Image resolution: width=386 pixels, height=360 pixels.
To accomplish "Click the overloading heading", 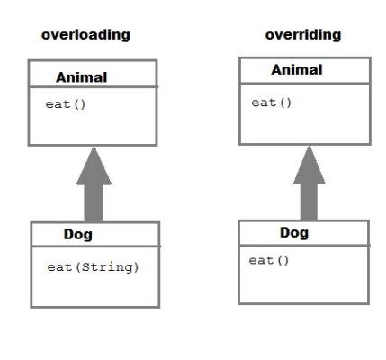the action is click(x=85, y=35).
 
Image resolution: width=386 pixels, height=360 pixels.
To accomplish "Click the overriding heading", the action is click(x=303, y=35).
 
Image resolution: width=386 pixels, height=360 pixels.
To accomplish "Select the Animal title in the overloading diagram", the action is click(x=82, y=77).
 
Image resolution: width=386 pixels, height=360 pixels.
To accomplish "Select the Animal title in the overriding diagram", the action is click(x=297, y=70).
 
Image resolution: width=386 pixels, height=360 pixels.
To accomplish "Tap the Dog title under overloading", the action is click(x=78, y=234).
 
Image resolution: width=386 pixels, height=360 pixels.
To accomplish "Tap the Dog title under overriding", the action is click(x=294, y=232).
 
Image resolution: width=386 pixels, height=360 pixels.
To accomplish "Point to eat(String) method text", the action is click(x=93, y=267).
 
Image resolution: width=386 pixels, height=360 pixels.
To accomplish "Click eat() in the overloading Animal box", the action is click(x=66, y=104).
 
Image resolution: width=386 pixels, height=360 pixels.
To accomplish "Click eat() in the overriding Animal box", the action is click(x=272, y=103).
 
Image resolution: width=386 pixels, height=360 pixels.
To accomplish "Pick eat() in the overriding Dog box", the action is click(x=269, y=260).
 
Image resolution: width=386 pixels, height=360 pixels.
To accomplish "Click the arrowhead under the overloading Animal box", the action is click(x=94, y=166).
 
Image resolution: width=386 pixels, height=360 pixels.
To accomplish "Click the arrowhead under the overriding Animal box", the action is click(x=309, y=165).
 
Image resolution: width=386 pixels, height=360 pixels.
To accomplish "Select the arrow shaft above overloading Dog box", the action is click(x=94, y=203).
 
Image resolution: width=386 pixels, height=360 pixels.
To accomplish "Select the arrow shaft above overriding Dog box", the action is click(x=309, y=202).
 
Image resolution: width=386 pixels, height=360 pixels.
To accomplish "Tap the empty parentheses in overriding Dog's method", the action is click(x=283, y=260).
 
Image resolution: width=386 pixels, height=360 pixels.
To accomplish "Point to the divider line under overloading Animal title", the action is click(x=93, y=87).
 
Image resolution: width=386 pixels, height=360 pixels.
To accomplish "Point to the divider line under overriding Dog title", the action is click(x=303, y=246).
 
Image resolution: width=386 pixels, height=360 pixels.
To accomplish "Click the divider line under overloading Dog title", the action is click(x=95, y=247).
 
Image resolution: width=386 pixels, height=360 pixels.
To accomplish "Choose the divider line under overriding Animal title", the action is click(x=305, y=83).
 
